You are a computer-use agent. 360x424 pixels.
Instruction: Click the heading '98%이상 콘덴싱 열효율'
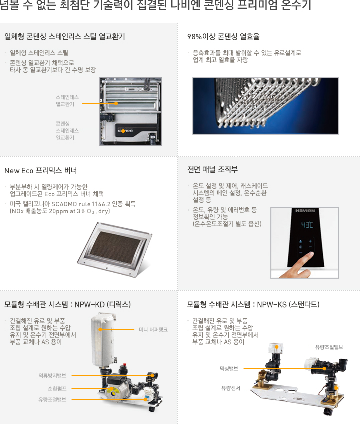[x=223, y=37]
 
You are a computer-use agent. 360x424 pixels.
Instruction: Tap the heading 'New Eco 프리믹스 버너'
[x=40, y=171]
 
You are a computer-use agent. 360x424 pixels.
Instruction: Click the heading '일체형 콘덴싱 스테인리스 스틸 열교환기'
[x=64, y=37]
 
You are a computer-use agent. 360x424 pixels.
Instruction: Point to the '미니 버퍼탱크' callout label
[x=153, y=330]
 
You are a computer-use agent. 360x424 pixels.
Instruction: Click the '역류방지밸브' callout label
[x=53, y=375]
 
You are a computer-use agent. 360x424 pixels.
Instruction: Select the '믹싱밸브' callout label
[x=228, y=368]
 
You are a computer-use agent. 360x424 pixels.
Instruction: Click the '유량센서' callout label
[x=231, y=388]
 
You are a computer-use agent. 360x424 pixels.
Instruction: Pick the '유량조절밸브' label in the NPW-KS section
[x=329, y=346]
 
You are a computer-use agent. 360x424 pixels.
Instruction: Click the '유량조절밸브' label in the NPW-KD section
[x=53, y=399]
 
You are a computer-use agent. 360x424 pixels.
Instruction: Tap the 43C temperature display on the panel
[x=306, y=225]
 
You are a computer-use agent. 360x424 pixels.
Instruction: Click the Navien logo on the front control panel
[x=305, y=210]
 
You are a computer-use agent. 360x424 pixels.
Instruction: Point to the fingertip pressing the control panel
[x=310, y=256]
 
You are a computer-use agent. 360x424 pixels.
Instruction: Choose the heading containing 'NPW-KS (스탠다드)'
[x=253, y=304]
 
